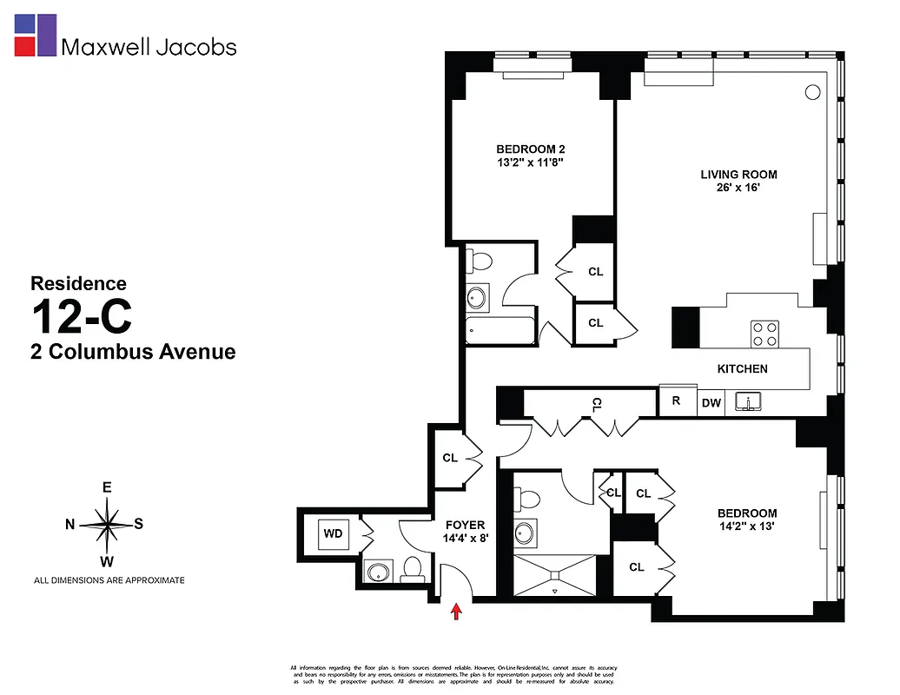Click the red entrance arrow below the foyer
pos(457,613)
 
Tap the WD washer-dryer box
pos(333,533)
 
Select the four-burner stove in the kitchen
pos(764,333)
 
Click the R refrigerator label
pos(676,401)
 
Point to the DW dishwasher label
pos(711,402)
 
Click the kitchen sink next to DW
pos(748,401)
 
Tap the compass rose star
pos(106,524)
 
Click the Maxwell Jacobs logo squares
pos(36,35)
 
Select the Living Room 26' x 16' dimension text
pos(738,189)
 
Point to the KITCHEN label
pos(742,369)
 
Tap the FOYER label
pos(465,525)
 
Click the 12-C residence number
pos(82,316)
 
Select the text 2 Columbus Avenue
pos(133,352)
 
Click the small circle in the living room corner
pos(813,91)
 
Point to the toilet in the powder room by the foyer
pos(412,569)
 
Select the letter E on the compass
pos(107,487)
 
